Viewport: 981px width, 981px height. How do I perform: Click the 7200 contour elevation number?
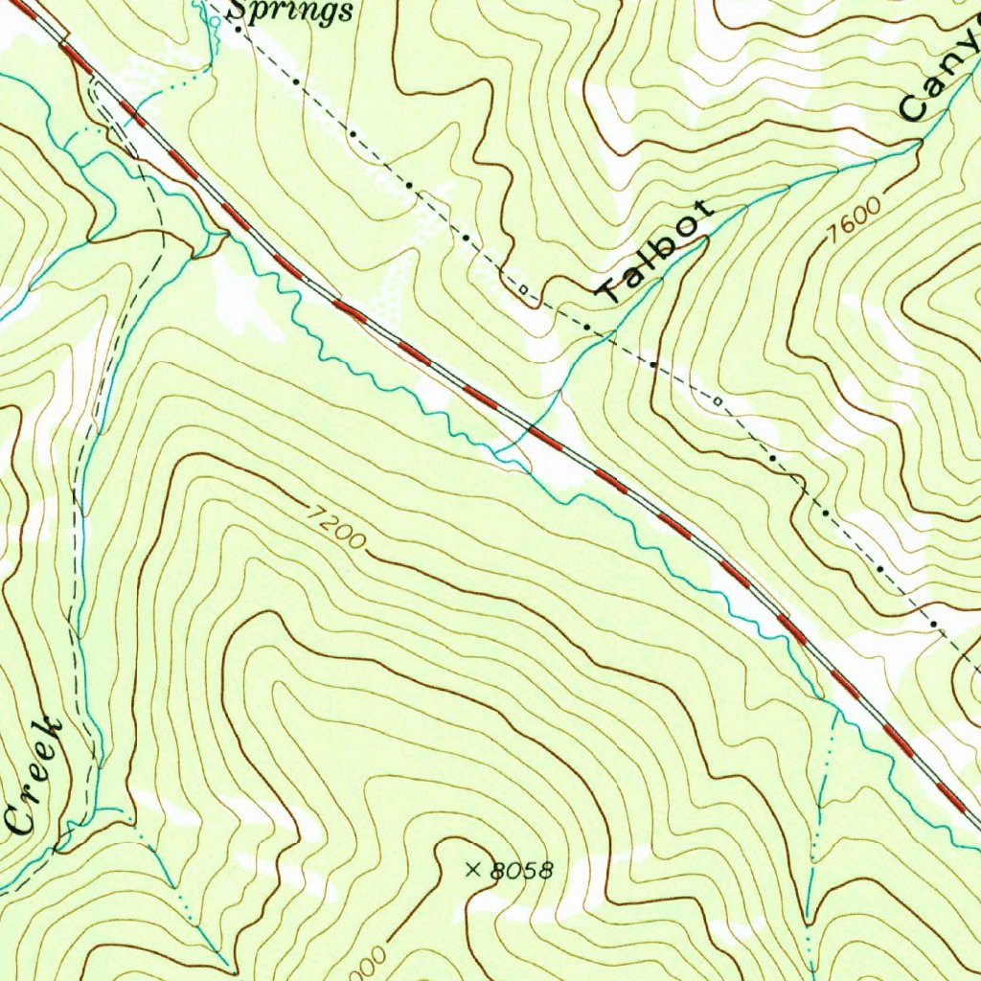336,527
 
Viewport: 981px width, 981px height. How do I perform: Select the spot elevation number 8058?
521,871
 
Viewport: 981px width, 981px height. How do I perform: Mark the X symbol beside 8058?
471,870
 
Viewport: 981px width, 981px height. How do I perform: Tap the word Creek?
36,774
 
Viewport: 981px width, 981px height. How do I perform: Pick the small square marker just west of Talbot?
522,288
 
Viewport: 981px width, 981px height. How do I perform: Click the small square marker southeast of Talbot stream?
717,399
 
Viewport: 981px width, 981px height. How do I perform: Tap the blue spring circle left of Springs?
200,8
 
